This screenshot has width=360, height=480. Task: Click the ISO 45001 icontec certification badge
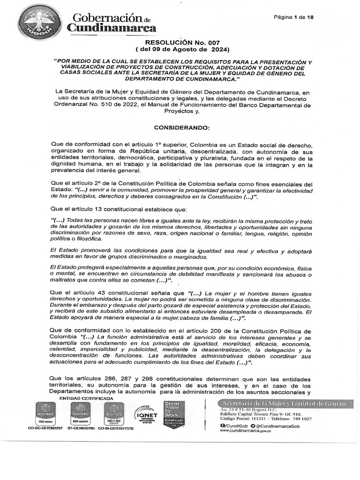click(81, 413)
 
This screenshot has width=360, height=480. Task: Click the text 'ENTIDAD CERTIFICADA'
click(86, 398)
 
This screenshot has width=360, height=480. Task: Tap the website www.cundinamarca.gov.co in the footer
click(245, 430)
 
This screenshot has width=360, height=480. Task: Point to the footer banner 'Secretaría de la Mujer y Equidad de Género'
click(285, 404)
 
